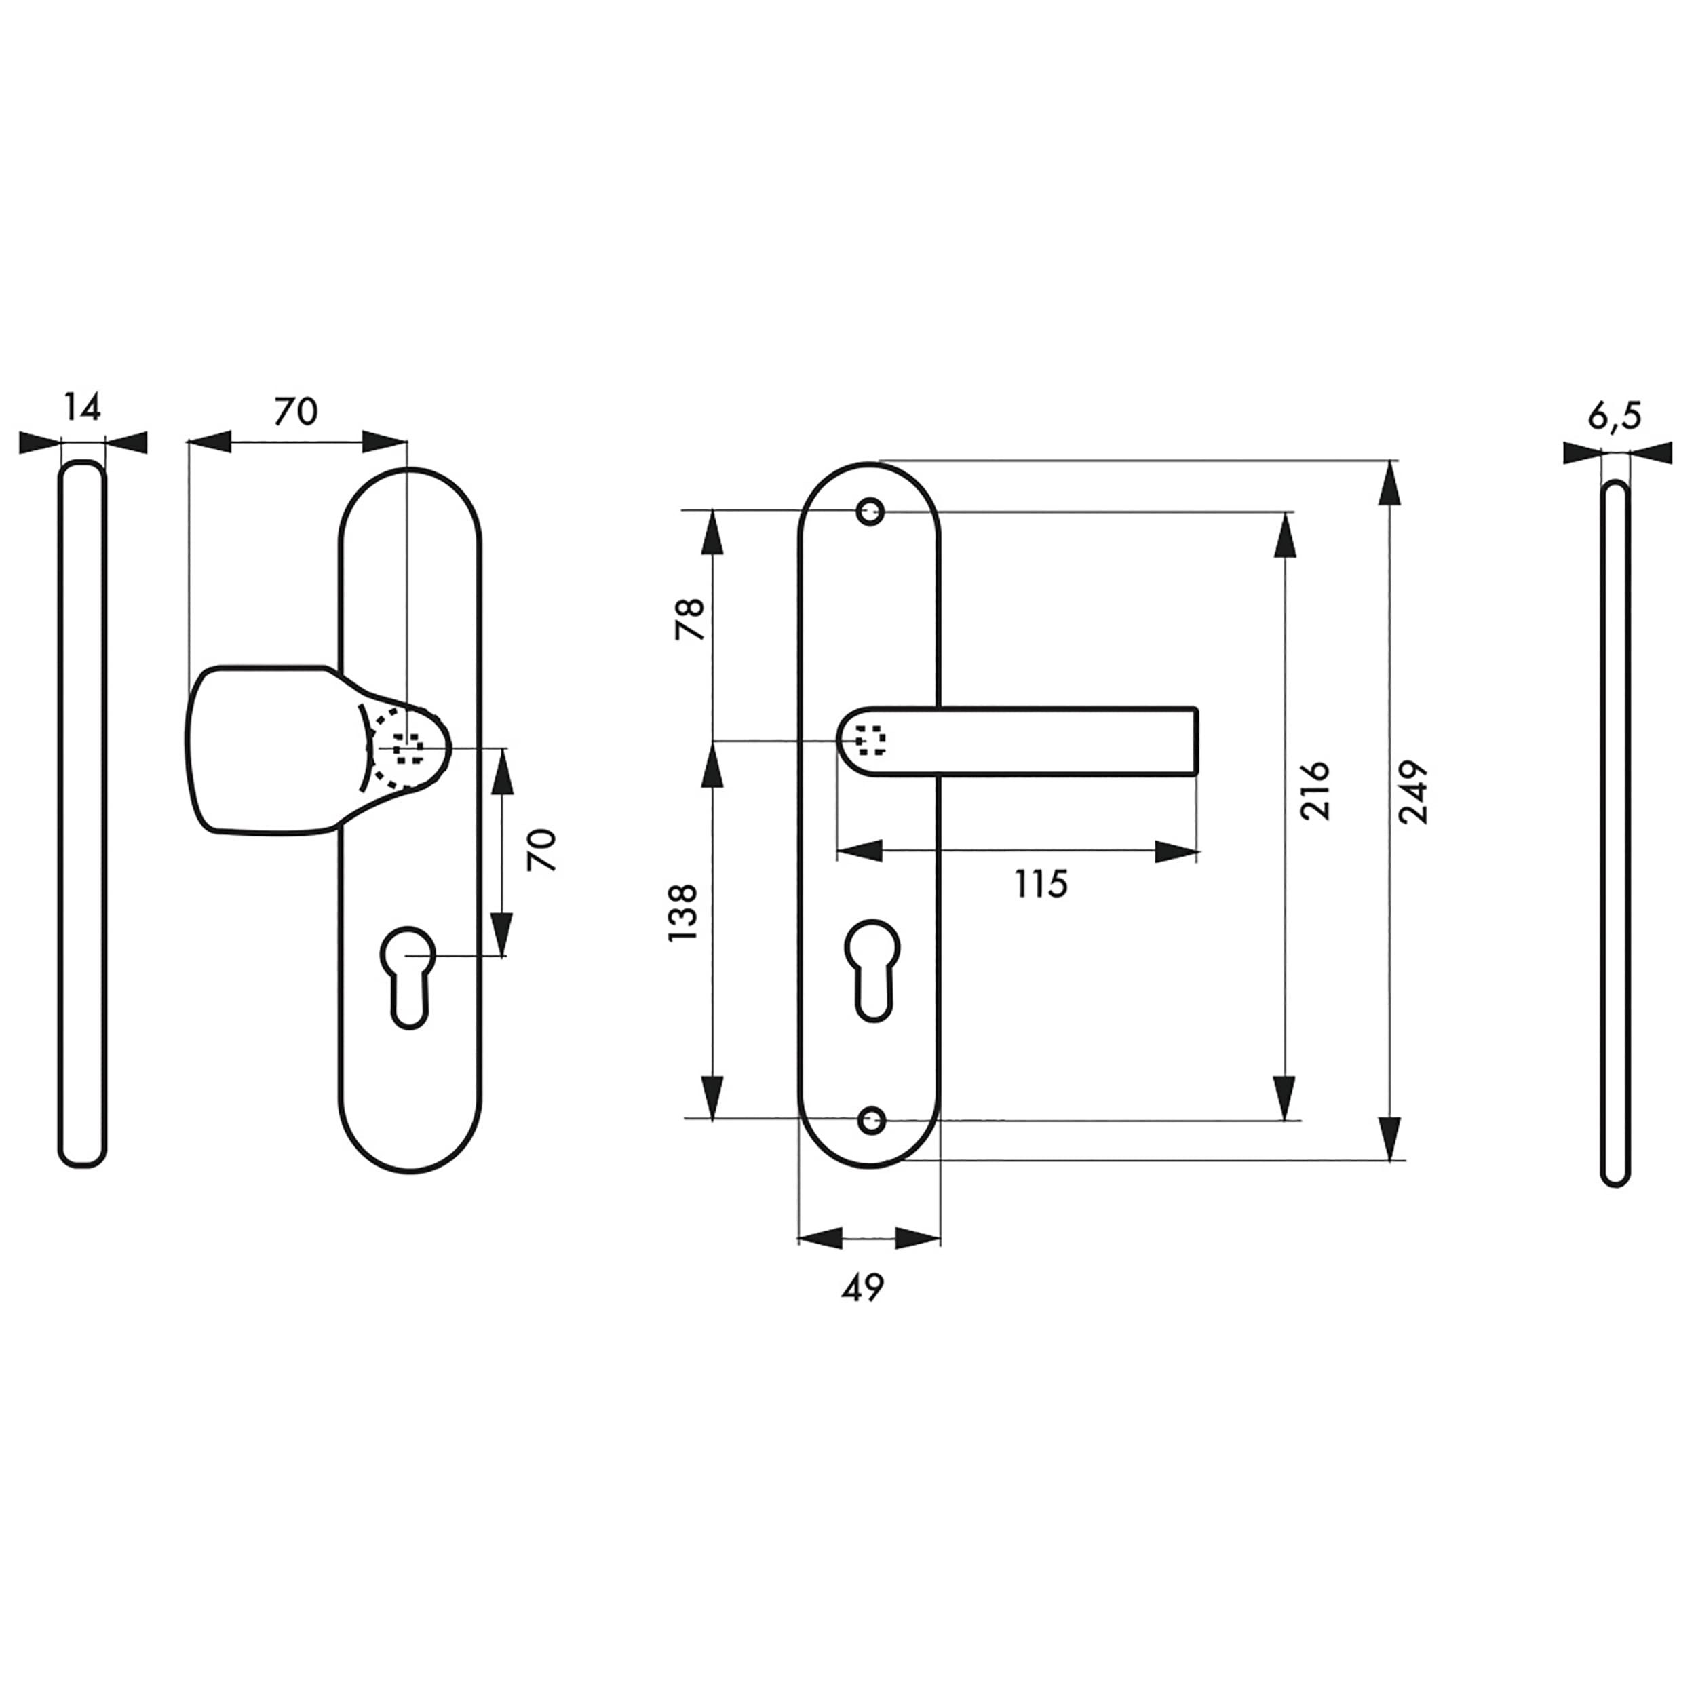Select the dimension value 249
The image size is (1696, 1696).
click(x=1412, y=792)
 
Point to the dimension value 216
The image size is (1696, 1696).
click(x=1315, y=791)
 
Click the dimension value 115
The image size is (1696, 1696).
click(x=1041, y=884)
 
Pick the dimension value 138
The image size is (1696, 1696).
click(x=682, y=913)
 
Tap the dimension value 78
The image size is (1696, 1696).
click(x=690, y=619)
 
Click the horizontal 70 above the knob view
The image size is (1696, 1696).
click(x=296, y=411)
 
